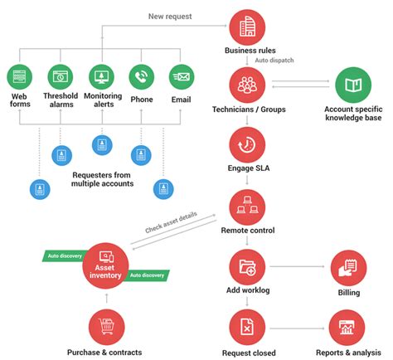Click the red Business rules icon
[x=247, y=27]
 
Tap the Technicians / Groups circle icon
[x=247, y=85]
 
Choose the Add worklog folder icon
[x=247, y=266]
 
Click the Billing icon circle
[x=348, y=266]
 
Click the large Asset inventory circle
[x=104, y=265]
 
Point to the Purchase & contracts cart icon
[x=104, y=328]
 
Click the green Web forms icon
[x=19, y=77]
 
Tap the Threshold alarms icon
[x=61, y=77]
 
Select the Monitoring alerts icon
[x=101, y=77]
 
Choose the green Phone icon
[x=142, y=77]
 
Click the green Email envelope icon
[x=182, y=77]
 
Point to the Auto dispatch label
[x=274, y=60]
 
